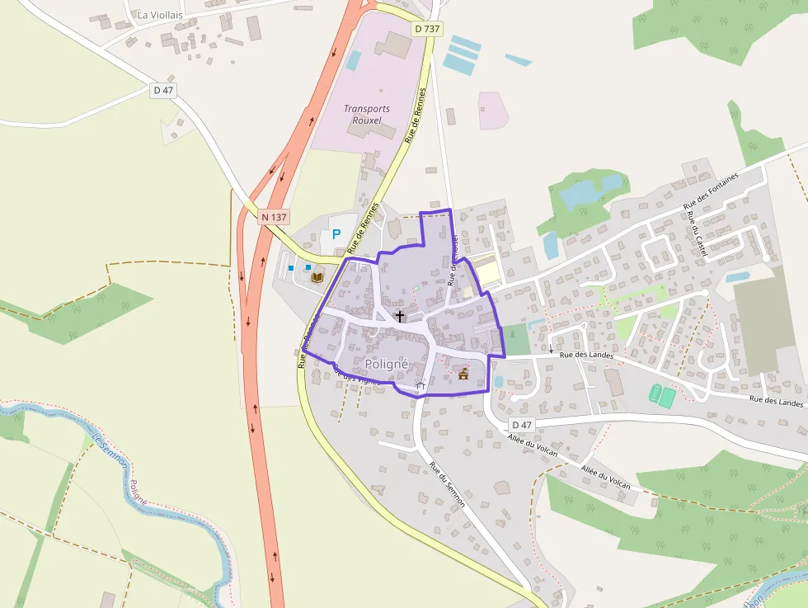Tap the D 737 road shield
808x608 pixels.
click(x=428, y=28)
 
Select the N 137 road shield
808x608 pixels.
click(x=274, y=217)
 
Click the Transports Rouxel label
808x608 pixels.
click(x=367, y=114)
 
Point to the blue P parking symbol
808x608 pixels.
click(x=336, y=234)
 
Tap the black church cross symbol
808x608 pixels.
click(x=400, y=316)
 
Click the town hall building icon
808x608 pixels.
click(x=463, y=375)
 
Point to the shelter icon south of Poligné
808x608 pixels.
click(x=420, y=384)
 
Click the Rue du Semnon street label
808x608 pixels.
click(x=447, y=483)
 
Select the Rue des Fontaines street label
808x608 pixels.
click(x=711, y=190)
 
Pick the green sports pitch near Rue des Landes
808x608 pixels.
click(x=662, y=395)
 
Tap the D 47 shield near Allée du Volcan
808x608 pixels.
click(x=522, y=424)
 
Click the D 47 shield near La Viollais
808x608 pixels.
click(x=164, y=90)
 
